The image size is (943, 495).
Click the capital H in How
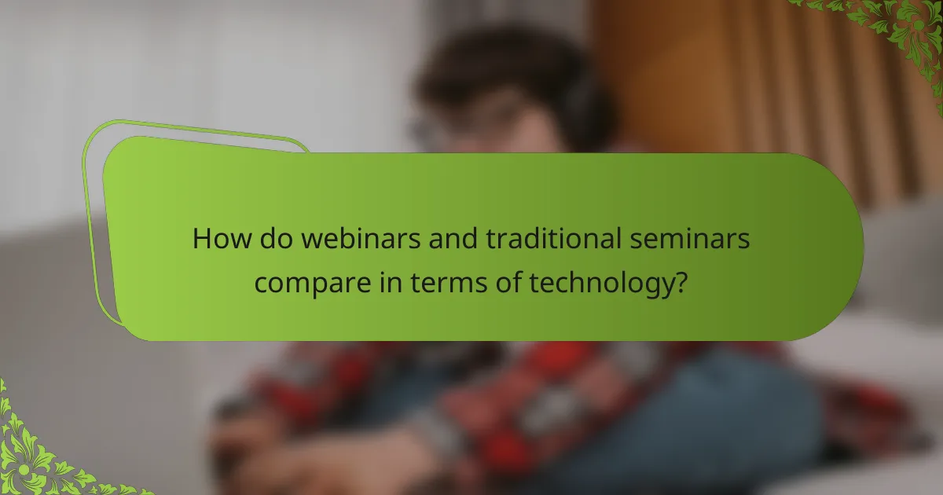click(201, 239)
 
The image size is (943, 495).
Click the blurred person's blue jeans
click(692, 440)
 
